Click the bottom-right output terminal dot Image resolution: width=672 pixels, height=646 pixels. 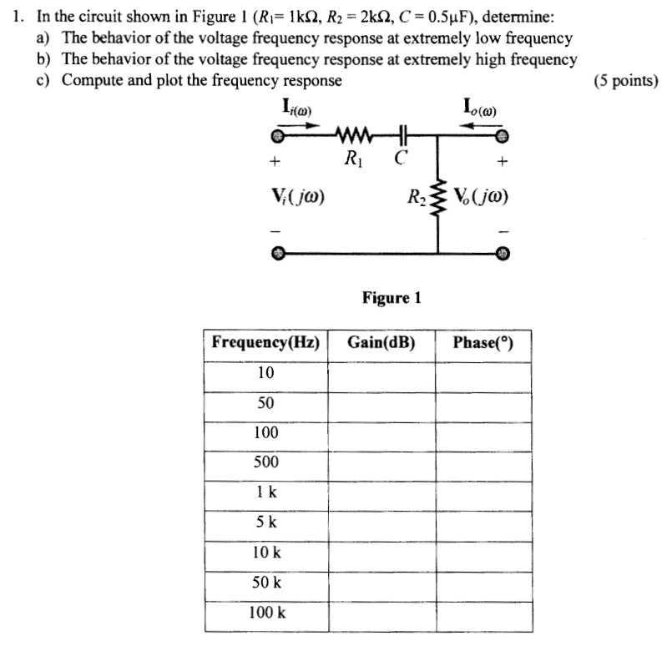tap(502, 251)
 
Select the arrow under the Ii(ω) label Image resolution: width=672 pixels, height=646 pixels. tap(299, 124)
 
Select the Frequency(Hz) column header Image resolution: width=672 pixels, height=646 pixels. tap(265, 342)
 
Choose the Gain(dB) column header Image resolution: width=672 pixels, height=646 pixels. tap(381, 342)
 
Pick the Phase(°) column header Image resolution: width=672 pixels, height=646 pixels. tap(482, 342)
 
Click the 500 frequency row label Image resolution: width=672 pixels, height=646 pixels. tap(265, 462)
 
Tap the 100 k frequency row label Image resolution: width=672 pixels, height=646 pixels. tap(265, 612)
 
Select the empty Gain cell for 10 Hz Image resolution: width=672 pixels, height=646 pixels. tap(381, 373)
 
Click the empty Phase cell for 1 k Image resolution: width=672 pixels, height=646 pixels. tap(482, 492)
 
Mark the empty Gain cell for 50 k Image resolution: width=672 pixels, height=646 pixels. tap(381, 583)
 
